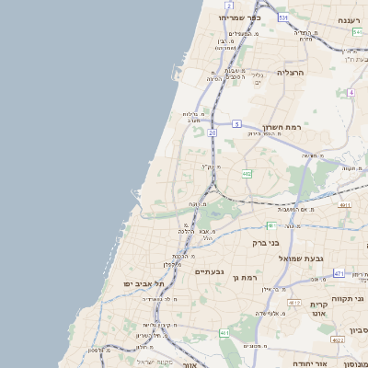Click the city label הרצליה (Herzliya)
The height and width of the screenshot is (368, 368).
[290, 72]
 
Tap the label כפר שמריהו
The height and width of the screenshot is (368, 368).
[241, 17]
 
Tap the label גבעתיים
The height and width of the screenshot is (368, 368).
[210, 271]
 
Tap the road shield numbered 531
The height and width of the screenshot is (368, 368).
[282, 17]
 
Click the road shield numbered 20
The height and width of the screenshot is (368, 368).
[212, 133]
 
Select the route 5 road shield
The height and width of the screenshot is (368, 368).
[236, 123]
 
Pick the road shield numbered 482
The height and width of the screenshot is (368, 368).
[247, 173]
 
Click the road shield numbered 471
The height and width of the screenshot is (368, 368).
[339, 273]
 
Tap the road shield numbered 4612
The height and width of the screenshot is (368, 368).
[294, 303]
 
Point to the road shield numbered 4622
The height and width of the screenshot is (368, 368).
[339, 339]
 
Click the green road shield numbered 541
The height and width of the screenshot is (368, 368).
[357, 32]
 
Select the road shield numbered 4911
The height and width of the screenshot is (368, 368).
[344, 206]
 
